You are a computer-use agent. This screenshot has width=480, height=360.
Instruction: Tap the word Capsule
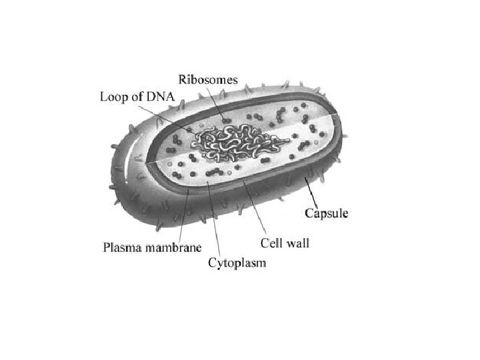click(x=326, y=213)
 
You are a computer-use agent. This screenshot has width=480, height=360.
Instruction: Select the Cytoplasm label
click(x=237, y=263)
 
